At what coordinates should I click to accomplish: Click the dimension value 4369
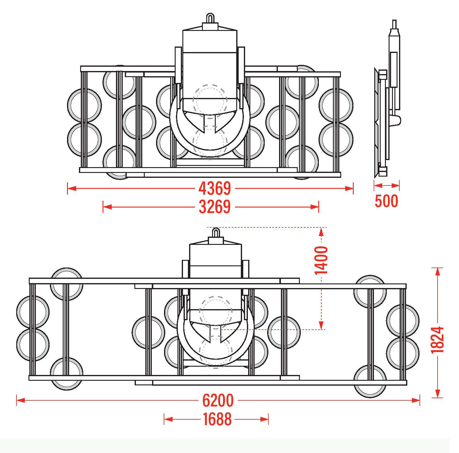pos(215,188)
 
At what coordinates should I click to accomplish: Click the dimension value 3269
pos(215,207)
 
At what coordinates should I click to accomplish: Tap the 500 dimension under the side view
pos(386,201)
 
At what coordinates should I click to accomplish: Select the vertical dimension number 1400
pos(321,260)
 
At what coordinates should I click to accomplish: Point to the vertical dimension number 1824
pos(437,340)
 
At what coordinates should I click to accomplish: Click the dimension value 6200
pos(218,400)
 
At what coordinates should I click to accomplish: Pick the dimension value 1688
pos(217,419)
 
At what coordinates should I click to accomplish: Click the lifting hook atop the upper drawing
pos(210,18)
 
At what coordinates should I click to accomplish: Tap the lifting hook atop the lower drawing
pos(216,233)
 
